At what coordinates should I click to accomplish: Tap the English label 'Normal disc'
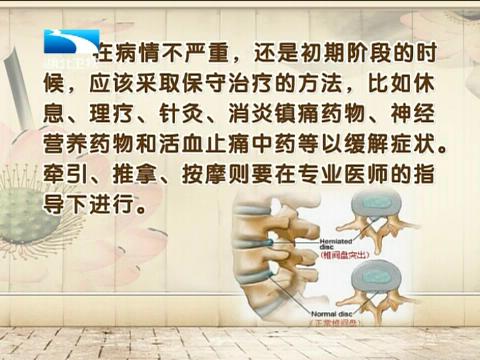click(x=321, y=314)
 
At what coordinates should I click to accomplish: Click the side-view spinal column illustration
click(x=264, y=260)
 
